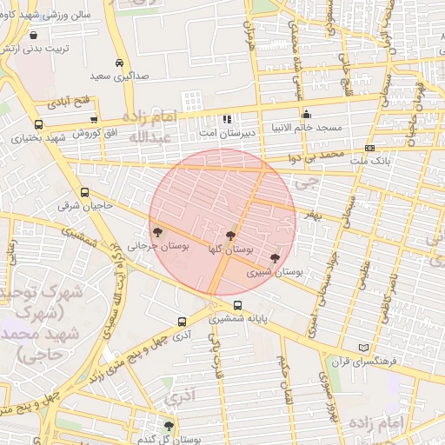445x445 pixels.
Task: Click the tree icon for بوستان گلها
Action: (x=230, y=236)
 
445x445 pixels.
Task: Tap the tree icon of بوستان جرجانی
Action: (x=157, y=232)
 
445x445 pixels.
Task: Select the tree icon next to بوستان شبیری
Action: (x=275, y=258)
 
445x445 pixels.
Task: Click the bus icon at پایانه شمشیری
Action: (x=237, y=305)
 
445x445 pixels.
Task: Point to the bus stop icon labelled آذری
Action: (x=182, y=321)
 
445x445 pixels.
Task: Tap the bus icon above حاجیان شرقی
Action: (x=84, y=193)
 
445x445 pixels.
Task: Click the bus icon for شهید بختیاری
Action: (x=38, y=124)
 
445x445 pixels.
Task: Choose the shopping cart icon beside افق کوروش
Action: (x=93, y=119)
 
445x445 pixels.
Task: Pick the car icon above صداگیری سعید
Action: (x=119, y=63)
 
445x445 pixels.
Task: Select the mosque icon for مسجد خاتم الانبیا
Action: (x=306, y=114)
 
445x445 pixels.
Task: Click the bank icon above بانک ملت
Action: (x=369, y=148)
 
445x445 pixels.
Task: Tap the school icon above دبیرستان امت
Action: (x=227, y=119)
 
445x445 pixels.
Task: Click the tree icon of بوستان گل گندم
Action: (x=169, y=426)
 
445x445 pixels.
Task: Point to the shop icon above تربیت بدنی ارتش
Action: (x=33, y=36)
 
